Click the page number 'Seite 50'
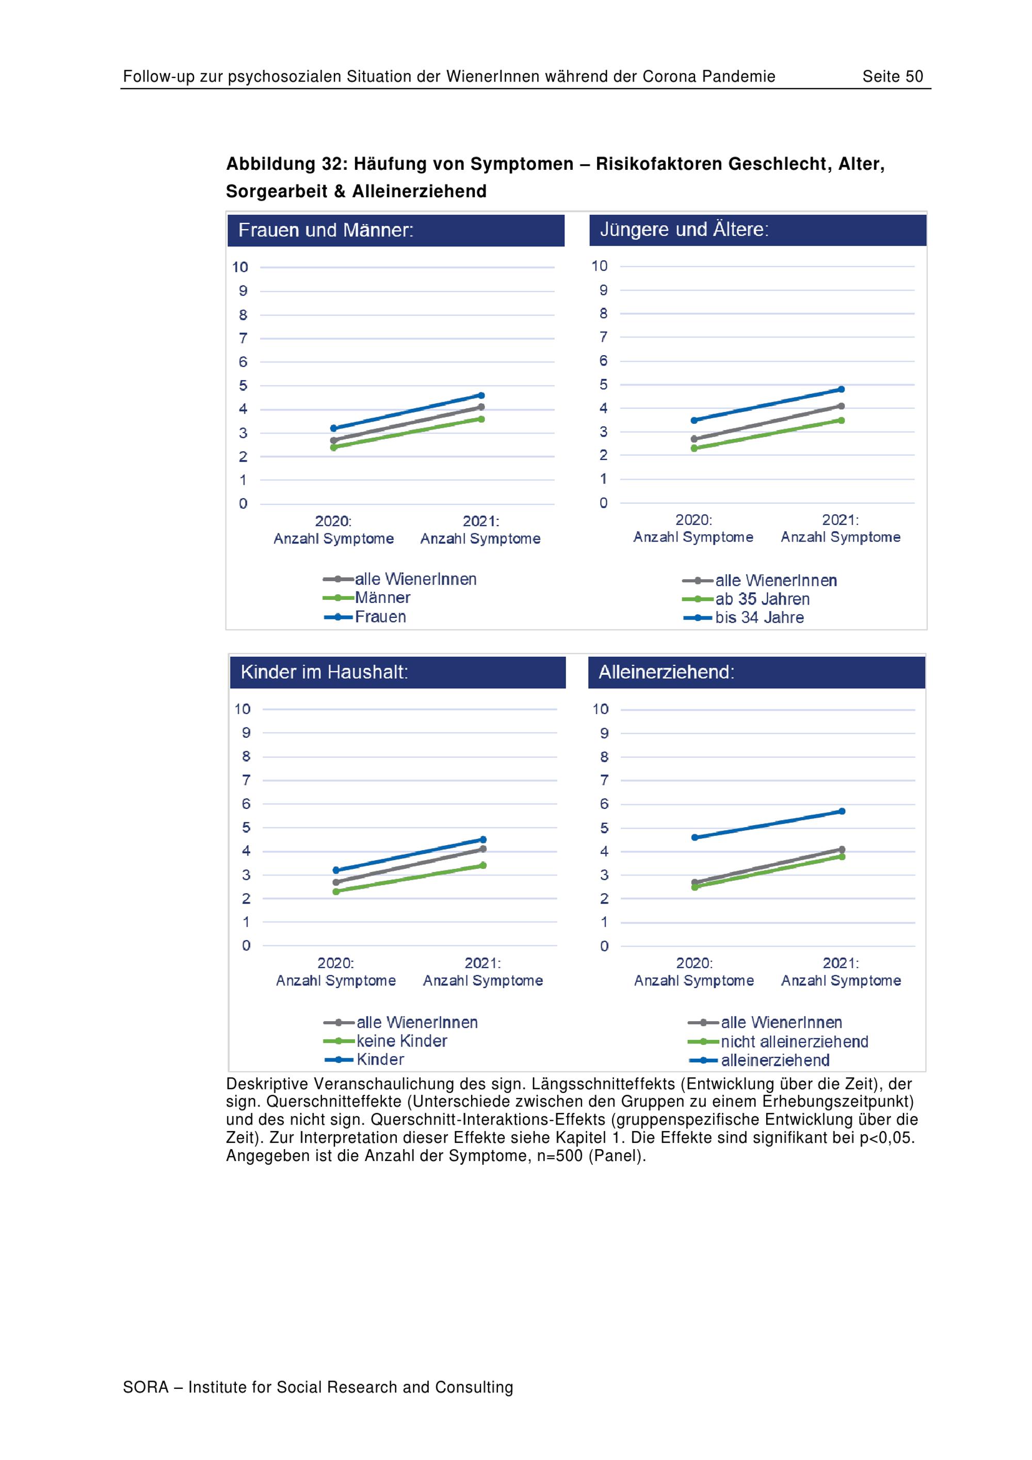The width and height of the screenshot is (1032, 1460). point(892,76)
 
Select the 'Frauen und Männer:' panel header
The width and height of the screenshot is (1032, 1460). point(396,230)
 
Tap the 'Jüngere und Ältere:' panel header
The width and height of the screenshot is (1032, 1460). point(757,230)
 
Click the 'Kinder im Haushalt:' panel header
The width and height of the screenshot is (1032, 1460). point(398,672)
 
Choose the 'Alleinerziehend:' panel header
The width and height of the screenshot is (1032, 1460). point(756,672)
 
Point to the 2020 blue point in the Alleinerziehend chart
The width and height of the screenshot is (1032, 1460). point(695,837)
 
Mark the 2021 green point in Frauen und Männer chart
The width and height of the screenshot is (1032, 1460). point(481,419)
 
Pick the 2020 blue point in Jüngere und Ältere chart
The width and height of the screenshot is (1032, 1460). point(694,420)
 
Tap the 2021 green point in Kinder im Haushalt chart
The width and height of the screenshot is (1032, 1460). point(483,865)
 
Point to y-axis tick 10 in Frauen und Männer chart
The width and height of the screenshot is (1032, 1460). point(240,267)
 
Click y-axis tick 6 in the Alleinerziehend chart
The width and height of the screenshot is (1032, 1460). point(604,804)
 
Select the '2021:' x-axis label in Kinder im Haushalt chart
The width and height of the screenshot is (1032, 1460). point(482,963)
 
